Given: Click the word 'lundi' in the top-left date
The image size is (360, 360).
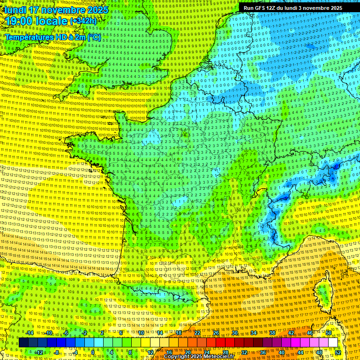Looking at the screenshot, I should tap(15, 10).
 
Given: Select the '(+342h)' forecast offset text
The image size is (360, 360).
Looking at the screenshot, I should tap(83, 21).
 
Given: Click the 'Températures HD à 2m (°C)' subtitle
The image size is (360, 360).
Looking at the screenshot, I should tap(53, 37).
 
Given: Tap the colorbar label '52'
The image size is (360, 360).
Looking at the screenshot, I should tap(337, 352).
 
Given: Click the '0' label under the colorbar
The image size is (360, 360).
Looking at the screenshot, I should tap(93, 352).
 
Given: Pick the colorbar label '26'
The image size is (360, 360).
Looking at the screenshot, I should tap(216, 333).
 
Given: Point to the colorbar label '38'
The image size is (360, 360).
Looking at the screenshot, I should tap(272, 333).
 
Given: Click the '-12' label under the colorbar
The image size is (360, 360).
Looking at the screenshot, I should tap(39, 352).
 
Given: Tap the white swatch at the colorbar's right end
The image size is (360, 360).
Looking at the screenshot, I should tap(333, 343).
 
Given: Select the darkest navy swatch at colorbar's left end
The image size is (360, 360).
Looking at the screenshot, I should tap(23, 343).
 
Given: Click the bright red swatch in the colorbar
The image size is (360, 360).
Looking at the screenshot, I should tap(220, 343).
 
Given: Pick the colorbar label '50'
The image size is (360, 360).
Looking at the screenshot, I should tap(328, 333).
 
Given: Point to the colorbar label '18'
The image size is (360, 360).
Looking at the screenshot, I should tap(179, 333).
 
